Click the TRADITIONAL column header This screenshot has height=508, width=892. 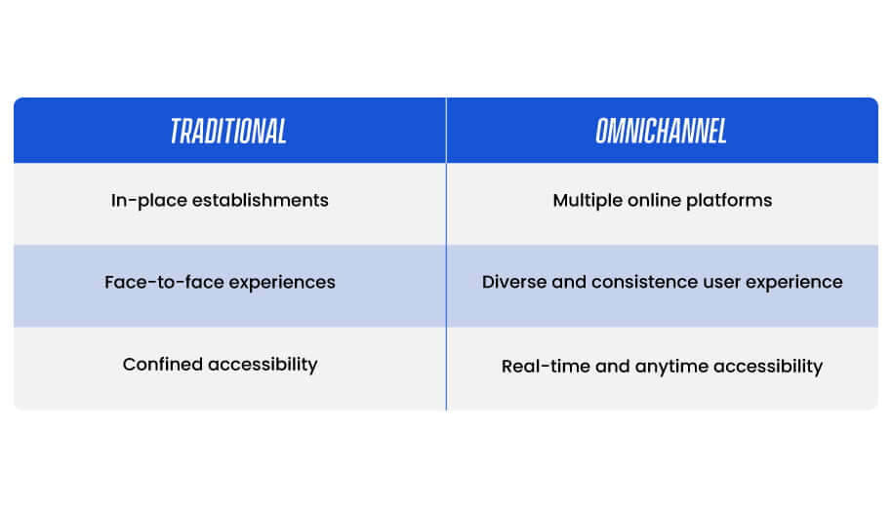pyautogui.click(x=228, y=132)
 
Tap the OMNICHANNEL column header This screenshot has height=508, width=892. pyautogui.click(x=661, y=132)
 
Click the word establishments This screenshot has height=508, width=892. pyautogui.click(x=260, y=200)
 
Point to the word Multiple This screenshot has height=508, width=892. pyautogui.click(x=588, y=201)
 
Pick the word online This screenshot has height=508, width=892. pyautogui.click(x=654, y=200)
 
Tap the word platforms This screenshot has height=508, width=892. pyautogui.click(x=729, y=201)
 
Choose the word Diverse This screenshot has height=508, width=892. pyautogui.click(x=514, y=282)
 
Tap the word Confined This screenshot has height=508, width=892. pyautogui.click(x=163, y=365)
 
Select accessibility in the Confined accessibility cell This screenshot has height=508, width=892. pyautogui.click(x=263, y=365)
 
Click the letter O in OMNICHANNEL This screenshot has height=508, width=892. pyautogui.click(x=602, y=132)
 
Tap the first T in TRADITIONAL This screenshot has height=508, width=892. pyautogui.click(x=176, y=132)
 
